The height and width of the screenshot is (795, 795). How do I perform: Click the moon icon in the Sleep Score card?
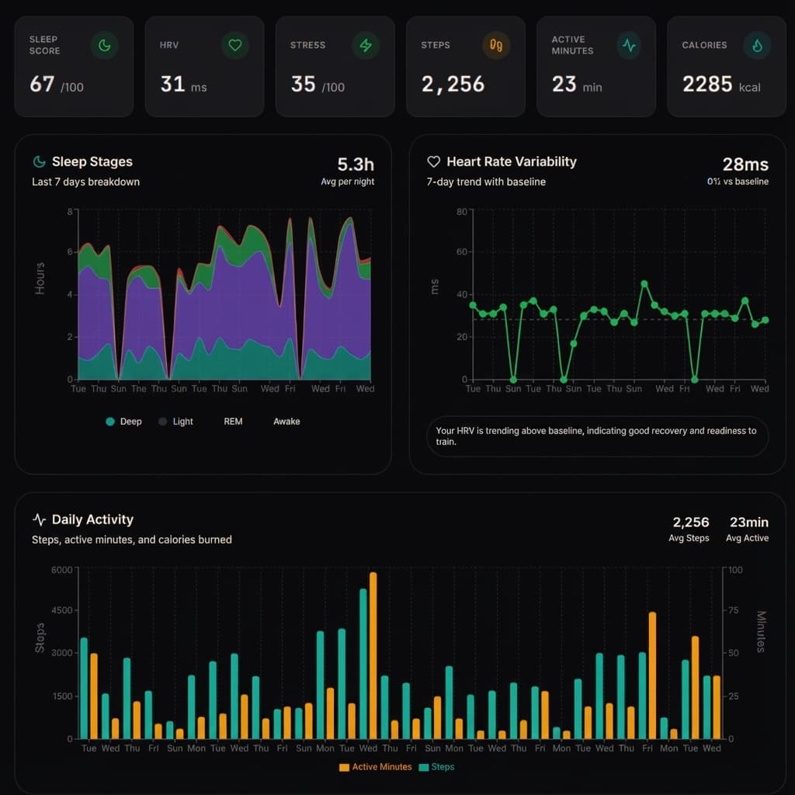pyautogui.click(x=104, y=46)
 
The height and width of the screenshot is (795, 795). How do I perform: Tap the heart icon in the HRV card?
pyautogui.click(x=234, y=46)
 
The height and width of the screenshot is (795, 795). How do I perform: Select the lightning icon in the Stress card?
pyautogui.click(x=365, y=46)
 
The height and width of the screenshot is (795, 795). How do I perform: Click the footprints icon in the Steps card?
pyautogui.click(x=496, y=46)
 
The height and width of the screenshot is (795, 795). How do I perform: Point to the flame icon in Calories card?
pyautogui.click(x=757, y=46)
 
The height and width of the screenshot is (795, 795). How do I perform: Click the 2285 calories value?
pyautogui.click(x=707, y=84)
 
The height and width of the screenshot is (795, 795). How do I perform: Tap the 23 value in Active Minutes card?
pyautogui.click(x=564, y=84)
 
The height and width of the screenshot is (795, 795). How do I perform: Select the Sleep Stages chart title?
pyautogui.click(x=92, y=161)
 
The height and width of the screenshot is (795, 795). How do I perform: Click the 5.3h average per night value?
pyautogui.click(x=356, y=165)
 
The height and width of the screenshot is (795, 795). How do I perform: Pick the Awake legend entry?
pyautogui.click(x=286, y=422)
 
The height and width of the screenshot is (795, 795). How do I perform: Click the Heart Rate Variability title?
pyautogui.click(x=511, y=161)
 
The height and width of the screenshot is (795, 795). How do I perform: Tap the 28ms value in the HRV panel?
pyautogui.click(x=745, y=165)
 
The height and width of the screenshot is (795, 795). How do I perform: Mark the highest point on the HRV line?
pyautogui.click(x=644, y=284)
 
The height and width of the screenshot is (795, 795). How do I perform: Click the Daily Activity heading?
pyautogui.click(x=92, y=519)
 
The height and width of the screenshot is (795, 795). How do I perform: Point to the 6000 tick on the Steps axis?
pyautogui.click(x=61, y=570)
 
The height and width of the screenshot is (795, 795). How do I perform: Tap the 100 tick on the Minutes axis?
pyautogui.click(x=734, y=570)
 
